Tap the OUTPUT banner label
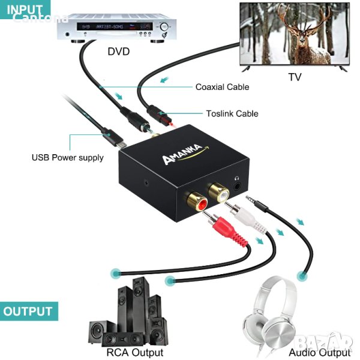(28, 312)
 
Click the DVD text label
(118, 52)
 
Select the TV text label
(294, 77)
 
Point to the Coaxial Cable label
(222, 87)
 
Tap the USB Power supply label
(67, 158)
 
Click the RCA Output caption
(134, 352)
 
